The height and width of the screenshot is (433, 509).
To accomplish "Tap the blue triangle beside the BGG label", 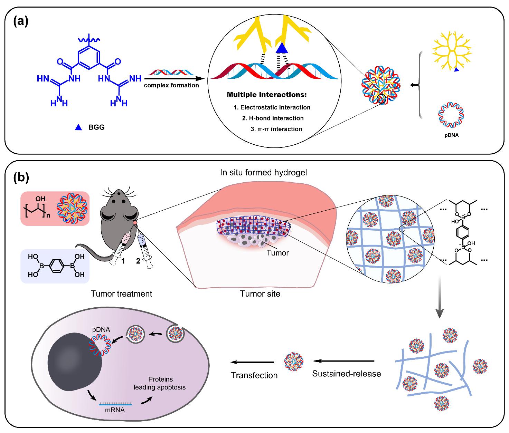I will (x=78, y=127).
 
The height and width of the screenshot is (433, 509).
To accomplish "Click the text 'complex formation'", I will (x=172, y=85).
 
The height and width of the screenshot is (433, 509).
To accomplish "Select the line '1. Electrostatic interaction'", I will (x=272, y=107).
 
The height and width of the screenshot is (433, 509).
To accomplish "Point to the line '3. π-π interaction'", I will (x=276, y=129).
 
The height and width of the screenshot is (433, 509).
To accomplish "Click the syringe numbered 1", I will (x=120, y=247).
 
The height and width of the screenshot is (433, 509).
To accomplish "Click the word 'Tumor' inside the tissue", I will (x=277, y=253).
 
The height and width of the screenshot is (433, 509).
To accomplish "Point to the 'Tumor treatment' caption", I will (x=121, y=294).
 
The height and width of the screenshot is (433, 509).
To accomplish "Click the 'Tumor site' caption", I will (x=260, y=294).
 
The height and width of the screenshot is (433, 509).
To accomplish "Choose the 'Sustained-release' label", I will (x=347, y=374).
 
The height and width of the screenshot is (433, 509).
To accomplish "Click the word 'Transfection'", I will (x=254, y=375).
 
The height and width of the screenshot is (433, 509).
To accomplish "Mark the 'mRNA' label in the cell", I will (x=115, y=410).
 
